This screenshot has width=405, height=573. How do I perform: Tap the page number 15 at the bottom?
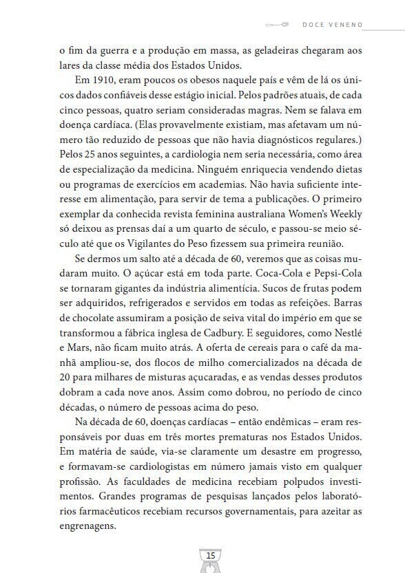[211, 555]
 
